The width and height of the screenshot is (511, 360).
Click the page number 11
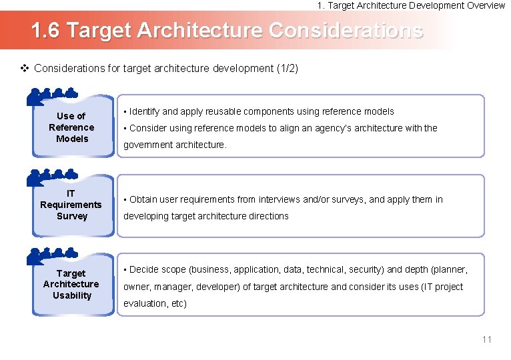[x=486, y=339]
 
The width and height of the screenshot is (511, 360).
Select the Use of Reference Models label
[x=71, y=127]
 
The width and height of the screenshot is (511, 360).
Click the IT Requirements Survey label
[x=71, y=205]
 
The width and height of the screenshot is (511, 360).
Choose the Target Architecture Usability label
[x=71, y=285]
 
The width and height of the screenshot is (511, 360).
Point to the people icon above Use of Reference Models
[x=53, y=97]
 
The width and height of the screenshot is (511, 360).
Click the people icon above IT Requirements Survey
[x=53, y=177]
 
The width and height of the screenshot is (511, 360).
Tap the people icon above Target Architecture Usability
[x=53, y=255]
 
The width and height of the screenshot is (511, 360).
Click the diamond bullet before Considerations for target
[x=25, y=68]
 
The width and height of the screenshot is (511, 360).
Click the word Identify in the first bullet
[x=145, y=111]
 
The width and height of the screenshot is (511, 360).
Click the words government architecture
[x=175, y=145]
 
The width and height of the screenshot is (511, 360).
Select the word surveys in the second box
[x=348, y=199]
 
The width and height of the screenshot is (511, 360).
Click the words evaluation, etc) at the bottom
[x=155, y=303]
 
